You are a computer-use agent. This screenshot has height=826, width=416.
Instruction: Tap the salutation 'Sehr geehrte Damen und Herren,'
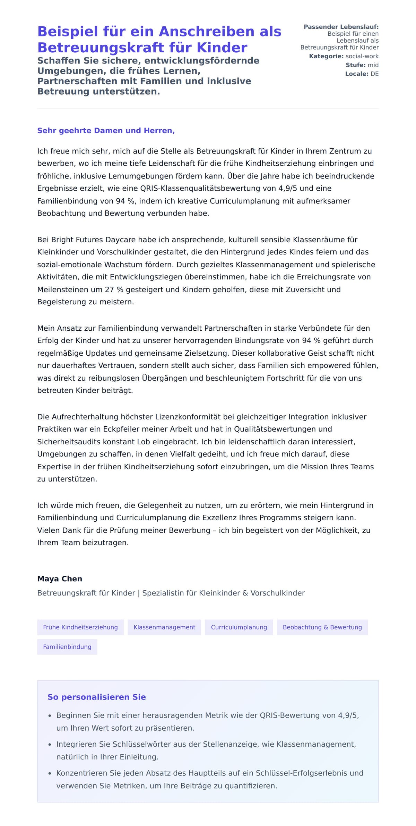click(x=106, y=131)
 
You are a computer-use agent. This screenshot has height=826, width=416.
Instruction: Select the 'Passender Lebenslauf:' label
click(x=341, y=27)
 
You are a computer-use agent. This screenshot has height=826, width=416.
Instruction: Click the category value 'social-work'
click(x=362, y=56)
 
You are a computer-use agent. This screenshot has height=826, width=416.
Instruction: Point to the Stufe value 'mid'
click(x=373, y=65)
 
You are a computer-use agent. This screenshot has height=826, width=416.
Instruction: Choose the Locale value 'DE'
click(x=374, y=74)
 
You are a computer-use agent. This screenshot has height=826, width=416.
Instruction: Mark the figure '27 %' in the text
click(x=114, y=289)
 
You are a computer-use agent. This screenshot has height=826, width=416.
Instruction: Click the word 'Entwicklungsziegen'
click(x=142, y=277)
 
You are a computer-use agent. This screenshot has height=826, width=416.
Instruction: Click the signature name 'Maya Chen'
click(x=60, y=579)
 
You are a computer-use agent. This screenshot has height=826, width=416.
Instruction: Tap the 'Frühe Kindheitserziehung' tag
click(x=80, y=627)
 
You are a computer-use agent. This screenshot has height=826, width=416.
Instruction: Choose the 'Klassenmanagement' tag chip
click(x=164, y=627)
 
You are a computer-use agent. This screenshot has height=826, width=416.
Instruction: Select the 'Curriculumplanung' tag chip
click(x=239, y=627)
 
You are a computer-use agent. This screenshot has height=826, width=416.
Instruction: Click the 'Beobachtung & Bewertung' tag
click(x=322, y=627)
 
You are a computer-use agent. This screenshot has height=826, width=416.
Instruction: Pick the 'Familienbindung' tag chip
click(x=67, y=647)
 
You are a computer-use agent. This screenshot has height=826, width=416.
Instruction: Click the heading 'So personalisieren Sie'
click(x=97, y=697)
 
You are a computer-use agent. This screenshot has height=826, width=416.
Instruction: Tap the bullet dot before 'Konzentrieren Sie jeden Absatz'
click(x=50, y=773)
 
